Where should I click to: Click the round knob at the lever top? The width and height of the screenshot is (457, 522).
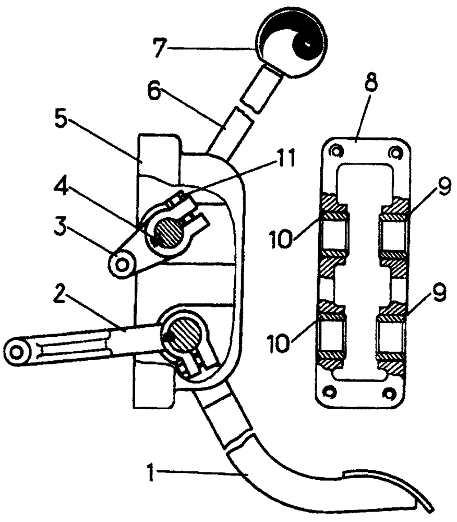tap(291, 43)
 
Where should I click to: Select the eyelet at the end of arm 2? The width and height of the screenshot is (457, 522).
tap(17, 353)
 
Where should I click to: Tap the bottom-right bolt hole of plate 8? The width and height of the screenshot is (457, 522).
tap(390, 393)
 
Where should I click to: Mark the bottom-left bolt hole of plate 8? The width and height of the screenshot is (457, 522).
tap(329, 392)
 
